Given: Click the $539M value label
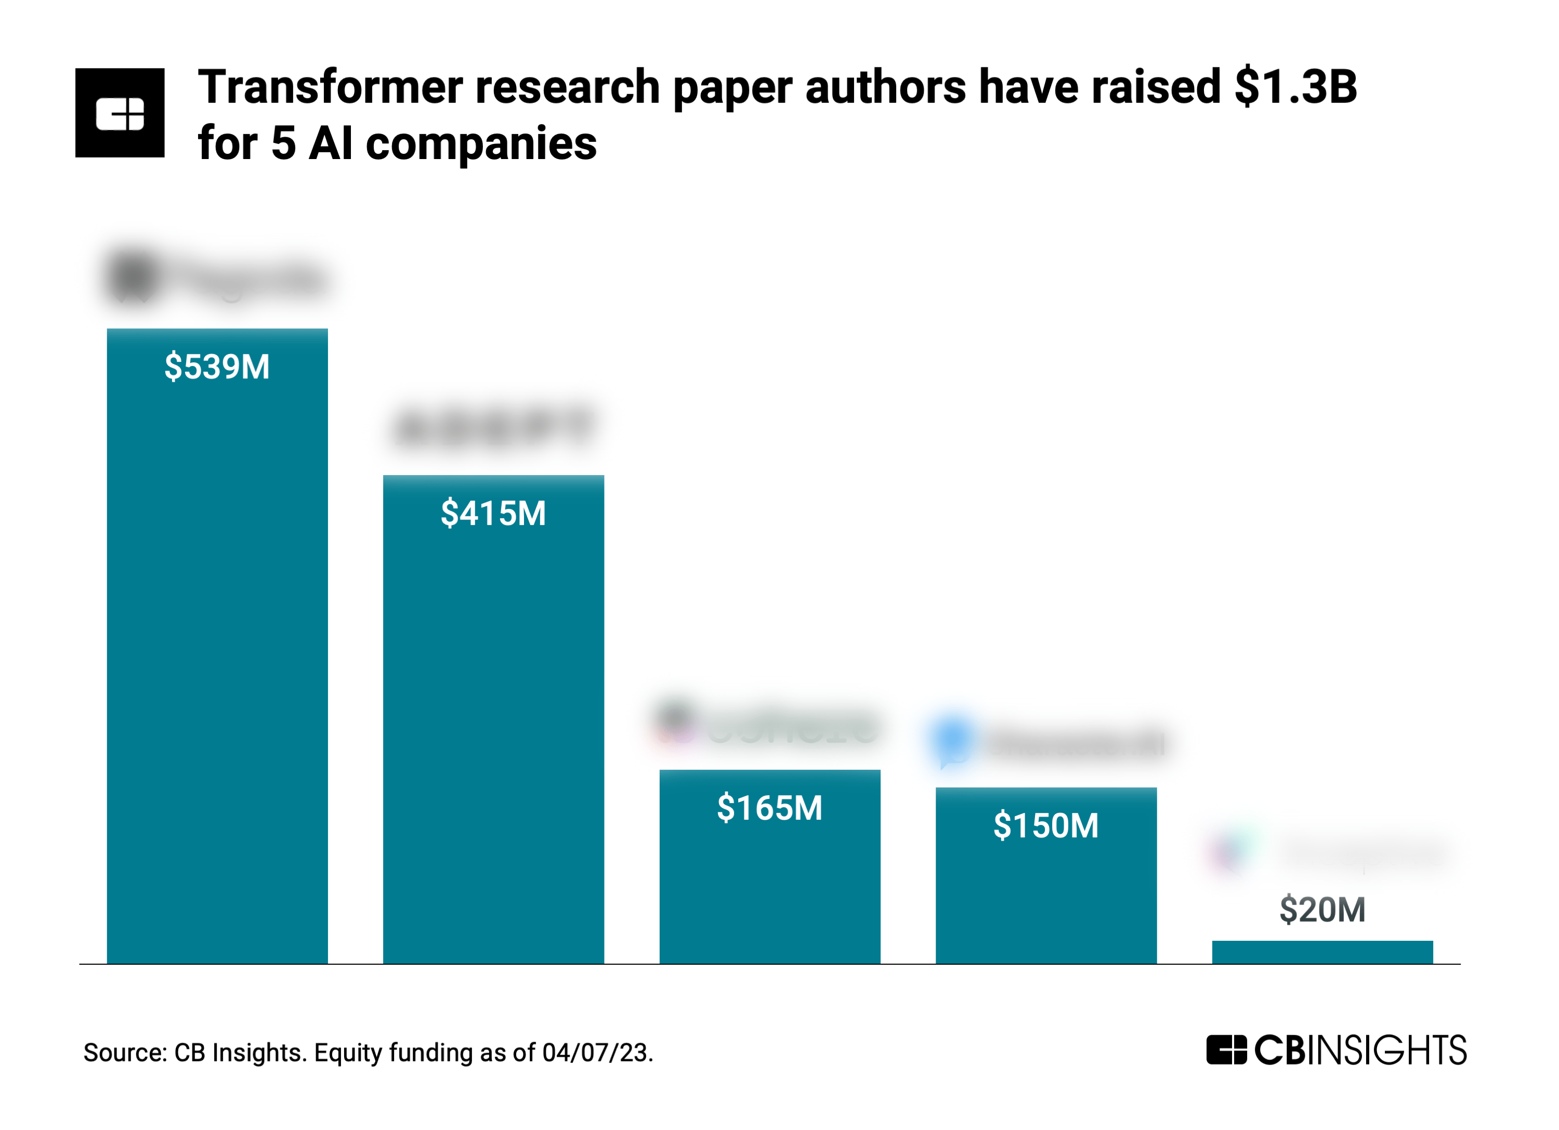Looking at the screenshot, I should pos(217,366).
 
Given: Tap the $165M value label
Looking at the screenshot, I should pos(769,808).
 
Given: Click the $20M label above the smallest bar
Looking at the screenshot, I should pos(1322,910).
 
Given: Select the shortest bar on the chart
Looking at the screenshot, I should pos(1322,952).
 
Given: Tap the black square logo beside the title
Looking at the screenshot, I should pos(120,113).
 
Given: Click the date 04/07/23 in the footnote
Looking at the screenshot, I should pos(595,1053).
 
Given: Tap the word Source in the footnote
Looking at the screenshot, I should pos(124,1053).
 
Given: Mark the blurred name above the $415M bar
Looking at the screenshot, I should pos(493,428).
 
